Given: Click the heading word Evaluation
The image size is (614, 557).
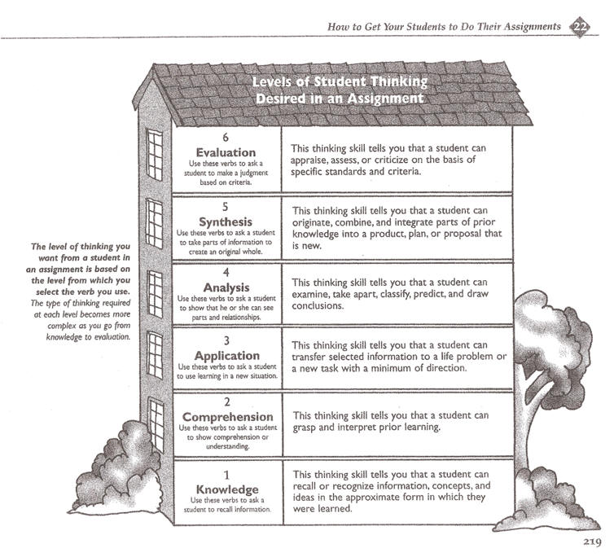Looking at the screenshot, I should (x=226, y=152).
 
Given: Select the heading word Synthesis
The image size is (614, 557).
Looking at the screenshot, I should (x=226, y=221).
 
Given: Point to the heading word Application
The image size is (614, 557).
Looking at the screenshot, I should (x=226, y=356).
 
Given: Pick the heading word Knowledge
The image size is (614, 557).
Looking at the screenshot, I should (x=226, y=490).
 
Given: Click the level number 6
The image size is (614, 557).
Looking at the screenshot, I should (x=226, y=138).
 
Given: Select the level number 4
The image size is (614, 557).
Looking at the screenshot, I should (x=226, y=274).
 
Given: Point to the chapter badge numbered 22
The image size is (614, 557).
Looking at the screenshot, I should (x=580, y=25).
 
